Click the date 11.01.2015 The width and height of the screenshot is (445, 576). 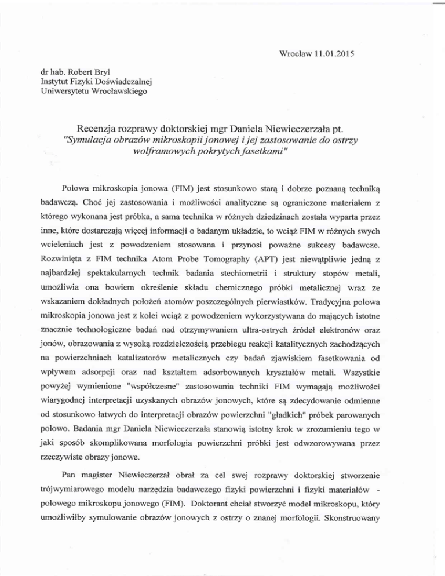pyautogui.click(x=333, y=56)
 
